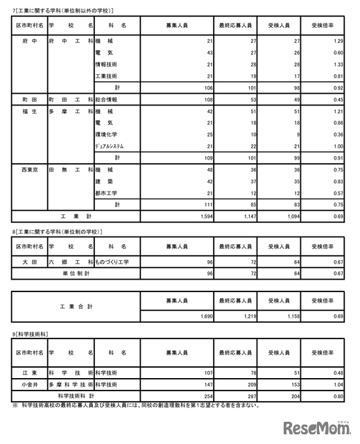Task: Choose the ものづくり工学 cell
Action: tap(112, 262)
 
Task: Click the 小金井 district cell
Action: tap(29, 384)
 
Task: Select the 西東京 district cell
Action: tap(29, 169)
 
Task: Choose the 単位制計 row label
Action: tap(74, 273)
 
